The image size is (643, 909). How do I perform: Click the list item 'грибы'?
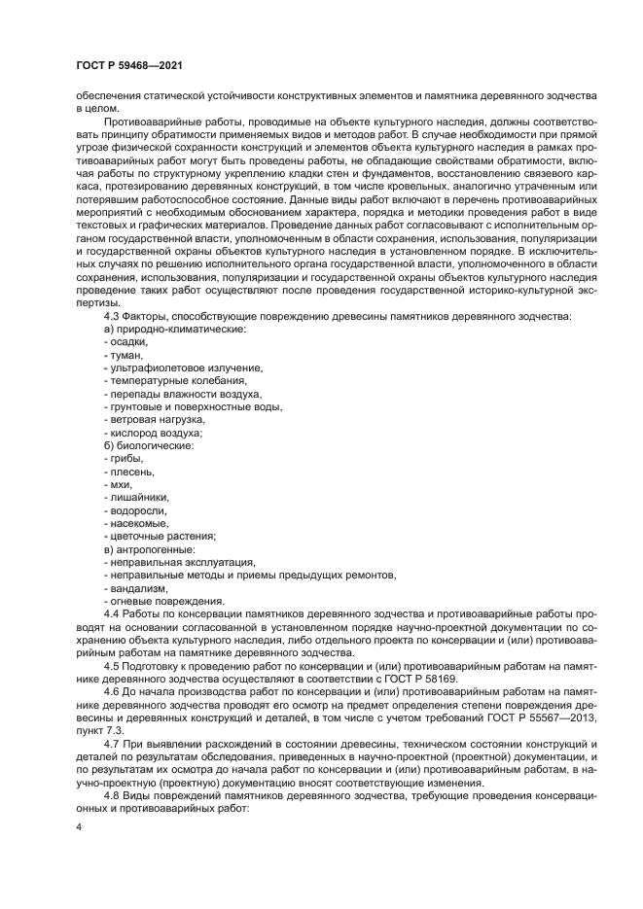point(125,458)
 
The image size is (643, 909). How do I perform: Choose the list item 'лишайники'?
point(136,497)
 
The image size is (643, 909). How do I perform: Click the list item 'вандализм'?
point(138,588)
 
